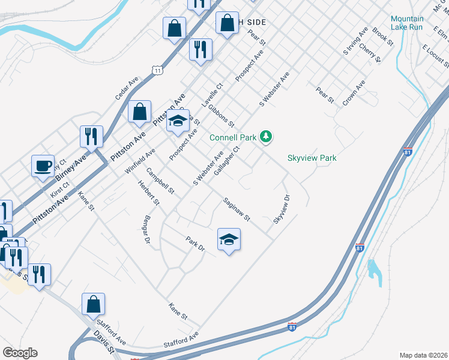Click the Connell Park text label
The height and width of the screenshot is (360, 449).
pos(233,137)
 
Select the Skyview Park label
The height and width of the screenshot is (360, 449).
pos(312,158)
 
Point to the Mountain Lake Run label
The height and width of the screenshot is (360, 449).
pos(406,23)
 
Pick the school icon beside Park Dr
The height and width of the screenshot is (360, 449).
pos(229,240)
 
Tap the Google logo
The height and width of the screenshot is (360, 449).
pos(20,353)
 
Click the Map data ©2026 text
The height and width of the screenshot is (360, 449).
pos(423,355)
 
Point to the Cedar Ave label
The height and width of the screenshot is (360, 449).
pos(127,88)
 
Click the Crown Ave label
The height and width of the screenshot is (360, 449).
pos(354,92)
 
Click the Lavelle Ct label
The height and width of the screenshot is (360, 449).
pos(212,95)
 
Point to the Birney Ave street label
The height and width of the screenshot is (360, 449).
pos(71,168)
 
